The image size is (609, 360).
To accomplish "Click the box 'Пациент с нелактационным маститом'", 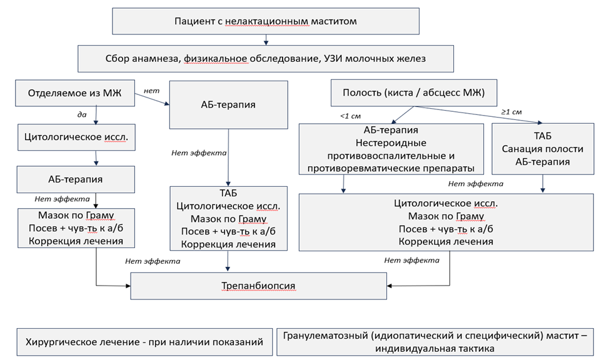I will [266, 21].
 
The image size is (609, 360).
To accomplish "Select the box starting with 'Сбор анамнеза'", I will [266, 59].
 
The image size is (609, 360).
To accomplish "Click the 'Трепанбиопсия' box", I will [258, 286].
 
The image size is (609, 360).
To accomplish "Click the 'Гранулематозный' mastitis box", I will [435, 342].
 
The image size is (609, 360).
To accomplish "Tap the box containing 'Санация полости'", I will [542, 149].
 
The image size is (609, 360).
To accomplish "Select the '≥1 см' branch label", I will [513, 112].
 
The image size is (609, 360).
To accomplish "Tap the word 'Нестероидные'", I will [391, 142].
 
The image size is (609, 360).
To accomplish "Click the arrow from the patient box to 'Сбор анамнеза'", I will [266, 40].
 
